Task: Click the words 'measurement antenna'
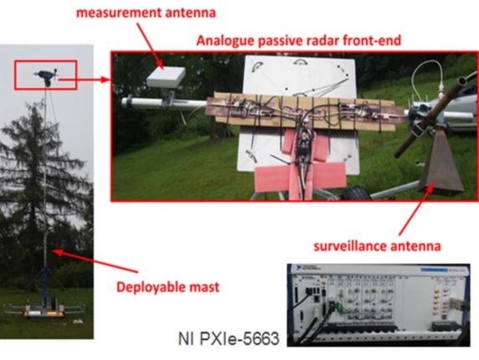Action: pos(146,13)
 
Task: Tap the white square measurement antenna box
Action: pos(166,77)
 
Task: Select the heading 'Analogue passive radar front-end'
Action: pos(298,41)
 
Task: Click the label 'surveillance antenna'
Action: pos(378,246)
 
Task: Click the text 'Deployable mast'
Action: pos(168,287)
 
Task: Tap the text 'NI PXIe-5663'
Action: pos(229,338)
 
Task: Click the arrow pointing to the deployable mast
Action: pos(95,260)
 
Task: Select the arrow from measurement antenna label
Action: pos(148,46)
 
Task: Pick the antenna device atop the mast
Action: pos(46,76)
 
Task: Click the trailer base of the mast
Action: pos(44,310)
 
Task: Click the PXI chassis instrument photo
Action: pos(379,305)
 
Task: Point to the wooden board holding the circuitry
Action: pos(301,112)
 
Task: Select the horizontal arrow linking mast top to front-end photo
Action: pos(84,80)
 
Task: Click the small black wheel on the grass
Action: pos(355,193)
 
